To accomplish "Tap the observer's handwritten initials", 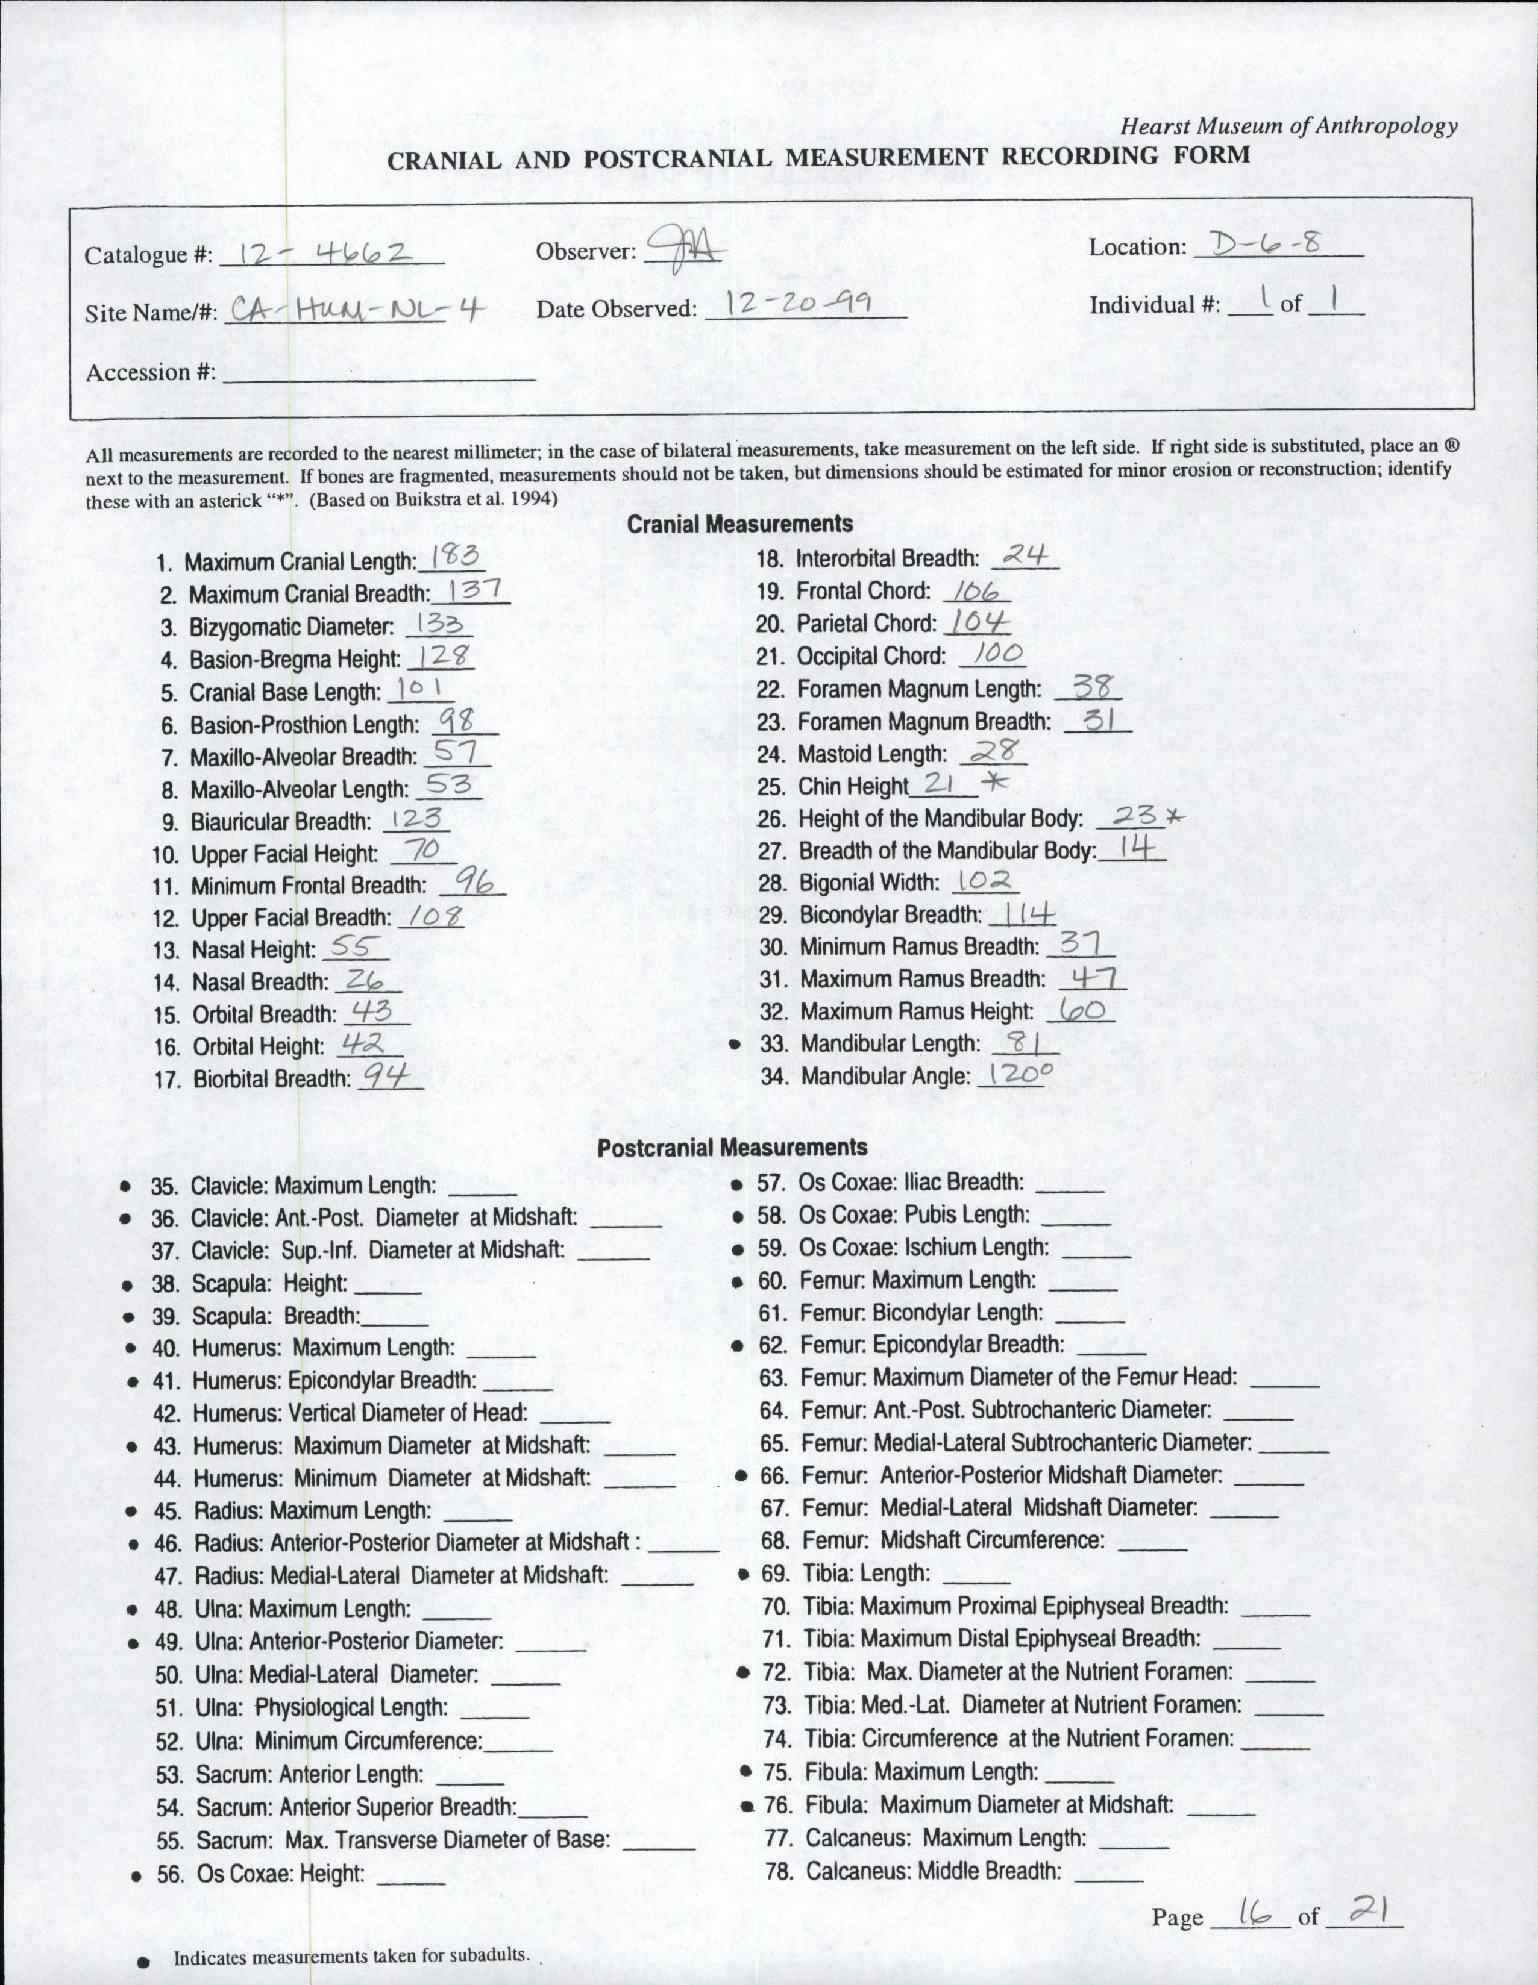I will (680, 247).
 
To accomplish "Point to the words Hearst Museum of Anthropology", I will (1289, 127).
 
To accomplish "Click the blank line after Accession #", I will (378, 375).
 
